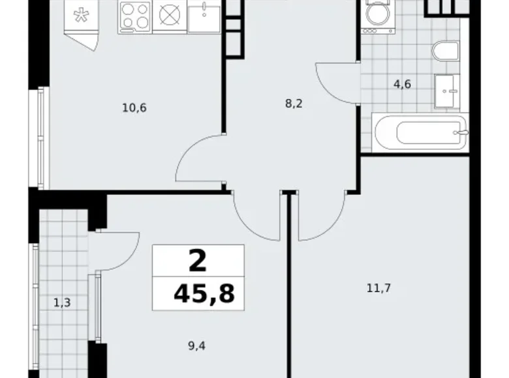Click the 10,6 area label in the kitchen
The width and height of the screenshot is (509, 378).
(134, 108)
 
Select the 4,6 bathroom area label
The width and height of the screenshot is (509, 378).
(401, 84)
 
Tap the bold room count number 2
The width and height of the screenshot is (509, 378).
(198, 261)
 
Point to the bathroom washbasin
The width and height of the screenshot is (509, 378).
(448, 91)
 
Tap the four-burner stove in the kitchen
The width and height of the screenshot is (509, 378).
(135, 16)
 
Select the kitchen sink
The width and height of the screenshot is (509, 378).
(204, 16)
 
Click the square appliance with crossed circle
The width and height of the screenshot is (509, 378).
(170, 16)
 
